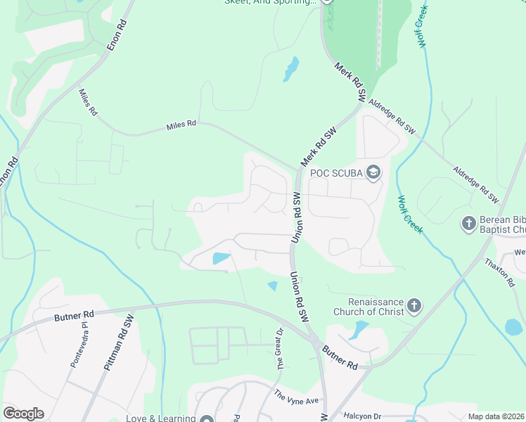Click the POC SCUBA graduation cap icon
pos(374,172)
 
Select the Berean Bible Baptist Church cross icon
pos(469,224)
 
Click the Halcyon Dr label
pos(362,416)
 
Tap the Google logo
pos(23,414)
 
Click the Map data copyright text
pos(496,416)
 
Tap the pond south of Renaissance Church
pos(359,328)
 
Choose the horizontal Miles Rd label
pos(181,126)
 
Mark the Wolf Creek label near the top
pos(423,31)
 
